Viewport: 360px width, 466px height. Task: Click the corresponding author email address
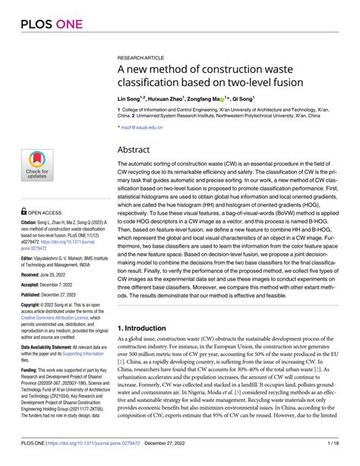[x=141, y=129]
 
